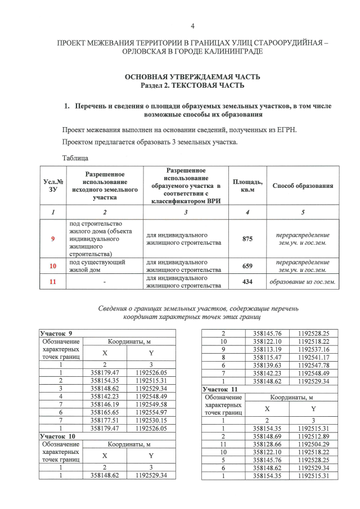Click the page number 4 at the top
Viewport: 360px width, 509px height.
point(192,26)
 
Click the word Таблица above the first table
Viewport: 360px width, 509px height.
point(75,158)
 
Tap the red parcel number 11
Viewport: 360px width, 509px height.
point(53,282)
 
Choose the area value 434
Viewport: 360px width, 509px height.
point(247,282)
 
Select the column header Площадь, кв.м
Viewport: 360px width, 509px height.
point(247,186)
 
